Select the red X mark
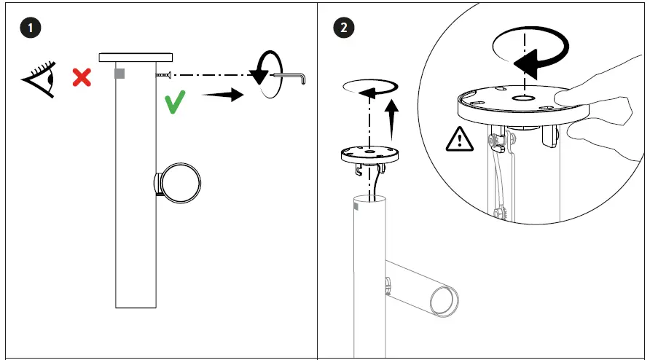pyautogui.click(x=81, y=77)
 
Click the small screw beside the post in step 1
pyautogui.click(x=162, y=75)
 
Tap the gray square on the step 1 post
pyautogui.click(x=120, y=74)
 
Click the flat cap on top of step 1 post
pyautogui.click(x=136, y=56)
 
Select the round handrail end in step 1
pyautogui.click(x=180, y=182)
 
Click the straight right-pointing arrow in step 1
pyautogui.click(x=222, y=95)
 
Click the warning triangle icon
pyautogui.click(x=459, y=138)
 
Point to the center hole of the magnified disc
pyautogui.click(x=522, y=96)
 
